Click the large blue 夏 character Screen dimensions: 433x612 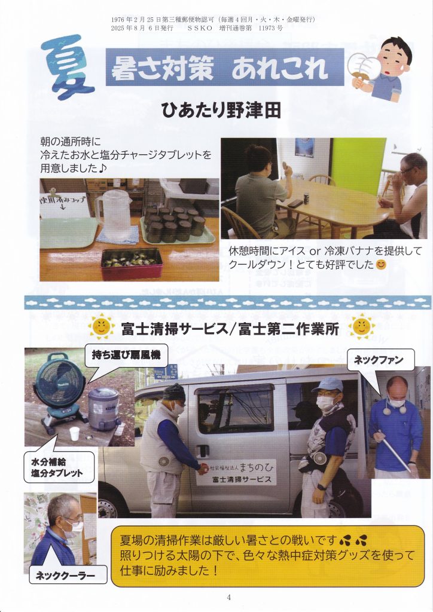click(x=67, y=66)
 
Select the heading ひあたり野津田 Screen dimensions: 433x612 click(x=221, y=111)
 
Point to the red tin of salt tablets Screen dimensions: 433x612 click(x=131, y=264)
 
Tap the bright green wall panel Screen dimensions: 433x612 click(x=358, y=165)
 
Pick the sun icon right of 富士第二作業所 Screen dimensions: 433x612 click(x=362, y=326)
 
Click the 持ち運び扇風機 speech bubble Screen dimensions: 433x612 click(x=126, y=356)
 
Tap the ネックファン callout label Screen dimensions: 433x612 click(x=381, y=359)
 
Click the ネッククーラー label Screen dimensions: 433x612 click(x=68, y=574)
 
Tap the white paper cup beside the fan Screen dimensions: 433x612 click(x=75, y=433)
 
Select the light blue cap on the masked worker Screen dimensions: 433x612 click(x=327, y=384)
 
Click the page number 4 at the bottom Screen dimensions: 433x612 click(x=228, y=597)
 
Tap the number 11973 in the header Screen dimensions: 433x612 click(x=266, y=27)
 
